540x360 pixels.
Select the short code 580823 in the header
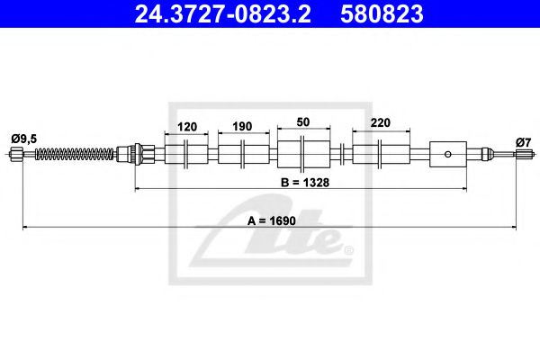click(x=381, y=14)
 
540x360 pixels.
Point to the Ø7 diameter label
click(x=524, y=141)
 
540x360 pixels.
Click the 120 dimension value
click(x=187, y=127)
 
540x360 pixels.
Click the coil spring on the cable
click(x=76, y=155)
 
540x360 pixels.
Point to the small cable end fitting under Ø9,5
click(x=15, y=156)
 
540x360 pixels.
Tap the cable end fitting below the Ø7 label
click(x=524, y=155)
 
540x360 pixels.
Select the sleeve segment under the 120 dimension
click(x=187, y=153)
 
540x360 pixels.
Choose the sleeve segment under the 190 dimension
click(x=243, y=153)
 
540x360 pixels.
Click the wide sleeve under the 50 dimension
click(x=303, y=153)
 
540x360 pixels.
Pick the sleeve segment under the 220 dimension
click(x=378, y=153)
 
